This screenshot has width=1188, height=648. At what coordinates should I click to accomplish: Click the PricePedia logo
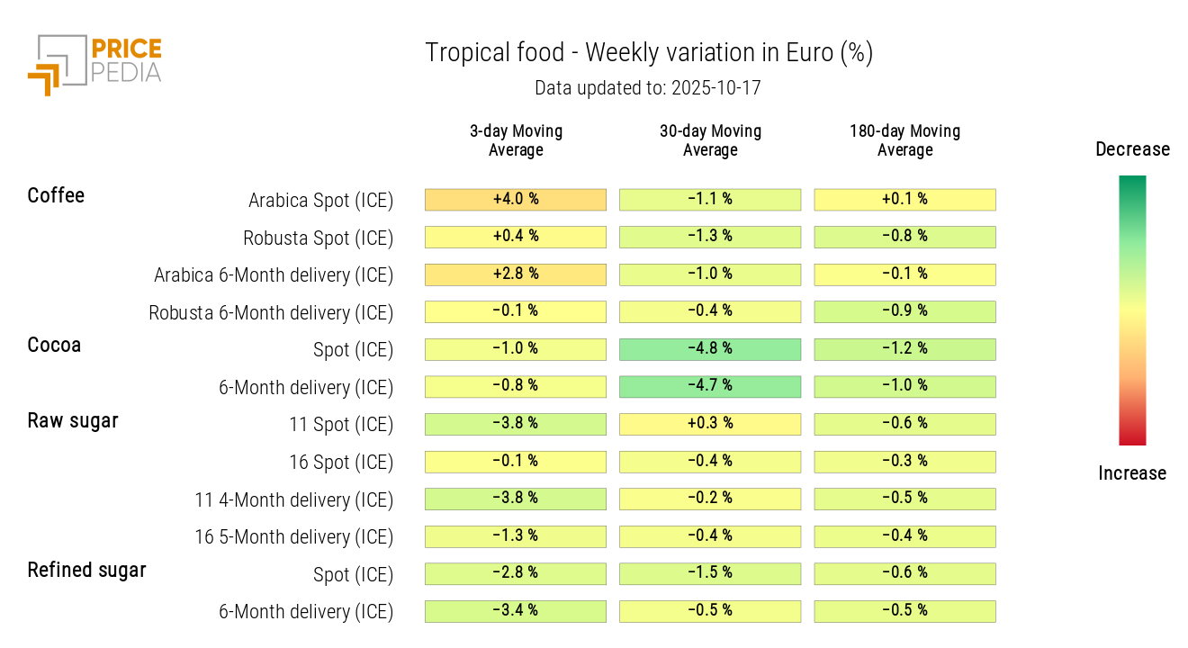pos(94,63)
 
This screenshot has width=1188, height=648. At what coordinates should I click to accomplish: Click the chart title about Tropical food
pos(648,53)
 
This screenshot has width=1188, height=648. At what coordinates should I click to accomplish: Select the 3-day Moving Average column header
pos(516,140)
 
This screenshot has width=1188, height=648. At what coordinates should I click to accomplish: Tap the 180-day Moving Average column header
pos(904,140)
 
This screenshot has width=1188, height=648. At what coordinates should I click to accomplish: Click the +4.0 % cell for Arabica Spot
pos(516,199)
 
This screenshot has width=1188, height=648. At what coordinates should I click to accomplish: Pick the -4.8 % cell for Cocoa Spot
pos(710,349)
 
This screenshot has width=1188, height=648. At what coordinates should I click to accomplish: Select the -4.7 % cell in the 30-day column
pos(710,386)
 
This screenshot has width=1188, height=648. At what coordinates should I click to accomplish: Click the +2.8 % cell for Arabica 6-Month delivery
pos(516,274)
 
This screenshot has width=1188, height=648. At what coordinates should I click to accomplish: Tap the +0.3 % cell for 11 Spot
pos(710,424)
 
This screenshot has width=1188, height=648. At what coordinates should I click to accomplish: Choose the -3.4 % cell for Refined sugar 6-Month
pos(516,611)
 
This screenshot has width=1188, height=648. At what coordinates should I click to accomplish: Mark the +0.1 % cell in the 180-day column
pos(904,199)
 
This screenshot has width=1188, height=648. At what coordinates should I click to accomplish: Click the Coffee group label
pos(56,195)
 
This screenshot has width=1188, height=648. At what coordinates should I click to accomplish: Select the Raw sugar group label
pos(73,420)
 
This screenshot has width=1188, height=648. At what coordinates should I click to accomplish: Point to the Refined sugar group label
pos(86,570)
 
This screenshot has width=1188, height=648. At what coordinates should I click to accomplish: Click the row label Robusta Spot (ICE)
pos(318,238)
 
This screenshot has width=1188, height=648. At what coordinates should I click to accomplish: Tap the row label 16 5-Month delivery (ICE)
pos(294,537)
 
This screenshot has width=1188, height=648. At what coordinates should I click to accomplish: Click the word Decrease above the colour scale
pos(1132,149)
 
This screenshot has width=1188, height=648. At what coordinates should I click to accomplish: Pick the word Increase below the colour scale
pos(1132,473)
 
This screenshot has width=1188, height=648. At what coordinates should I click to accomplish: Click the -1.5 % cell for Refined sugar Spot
pos(710,573)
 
